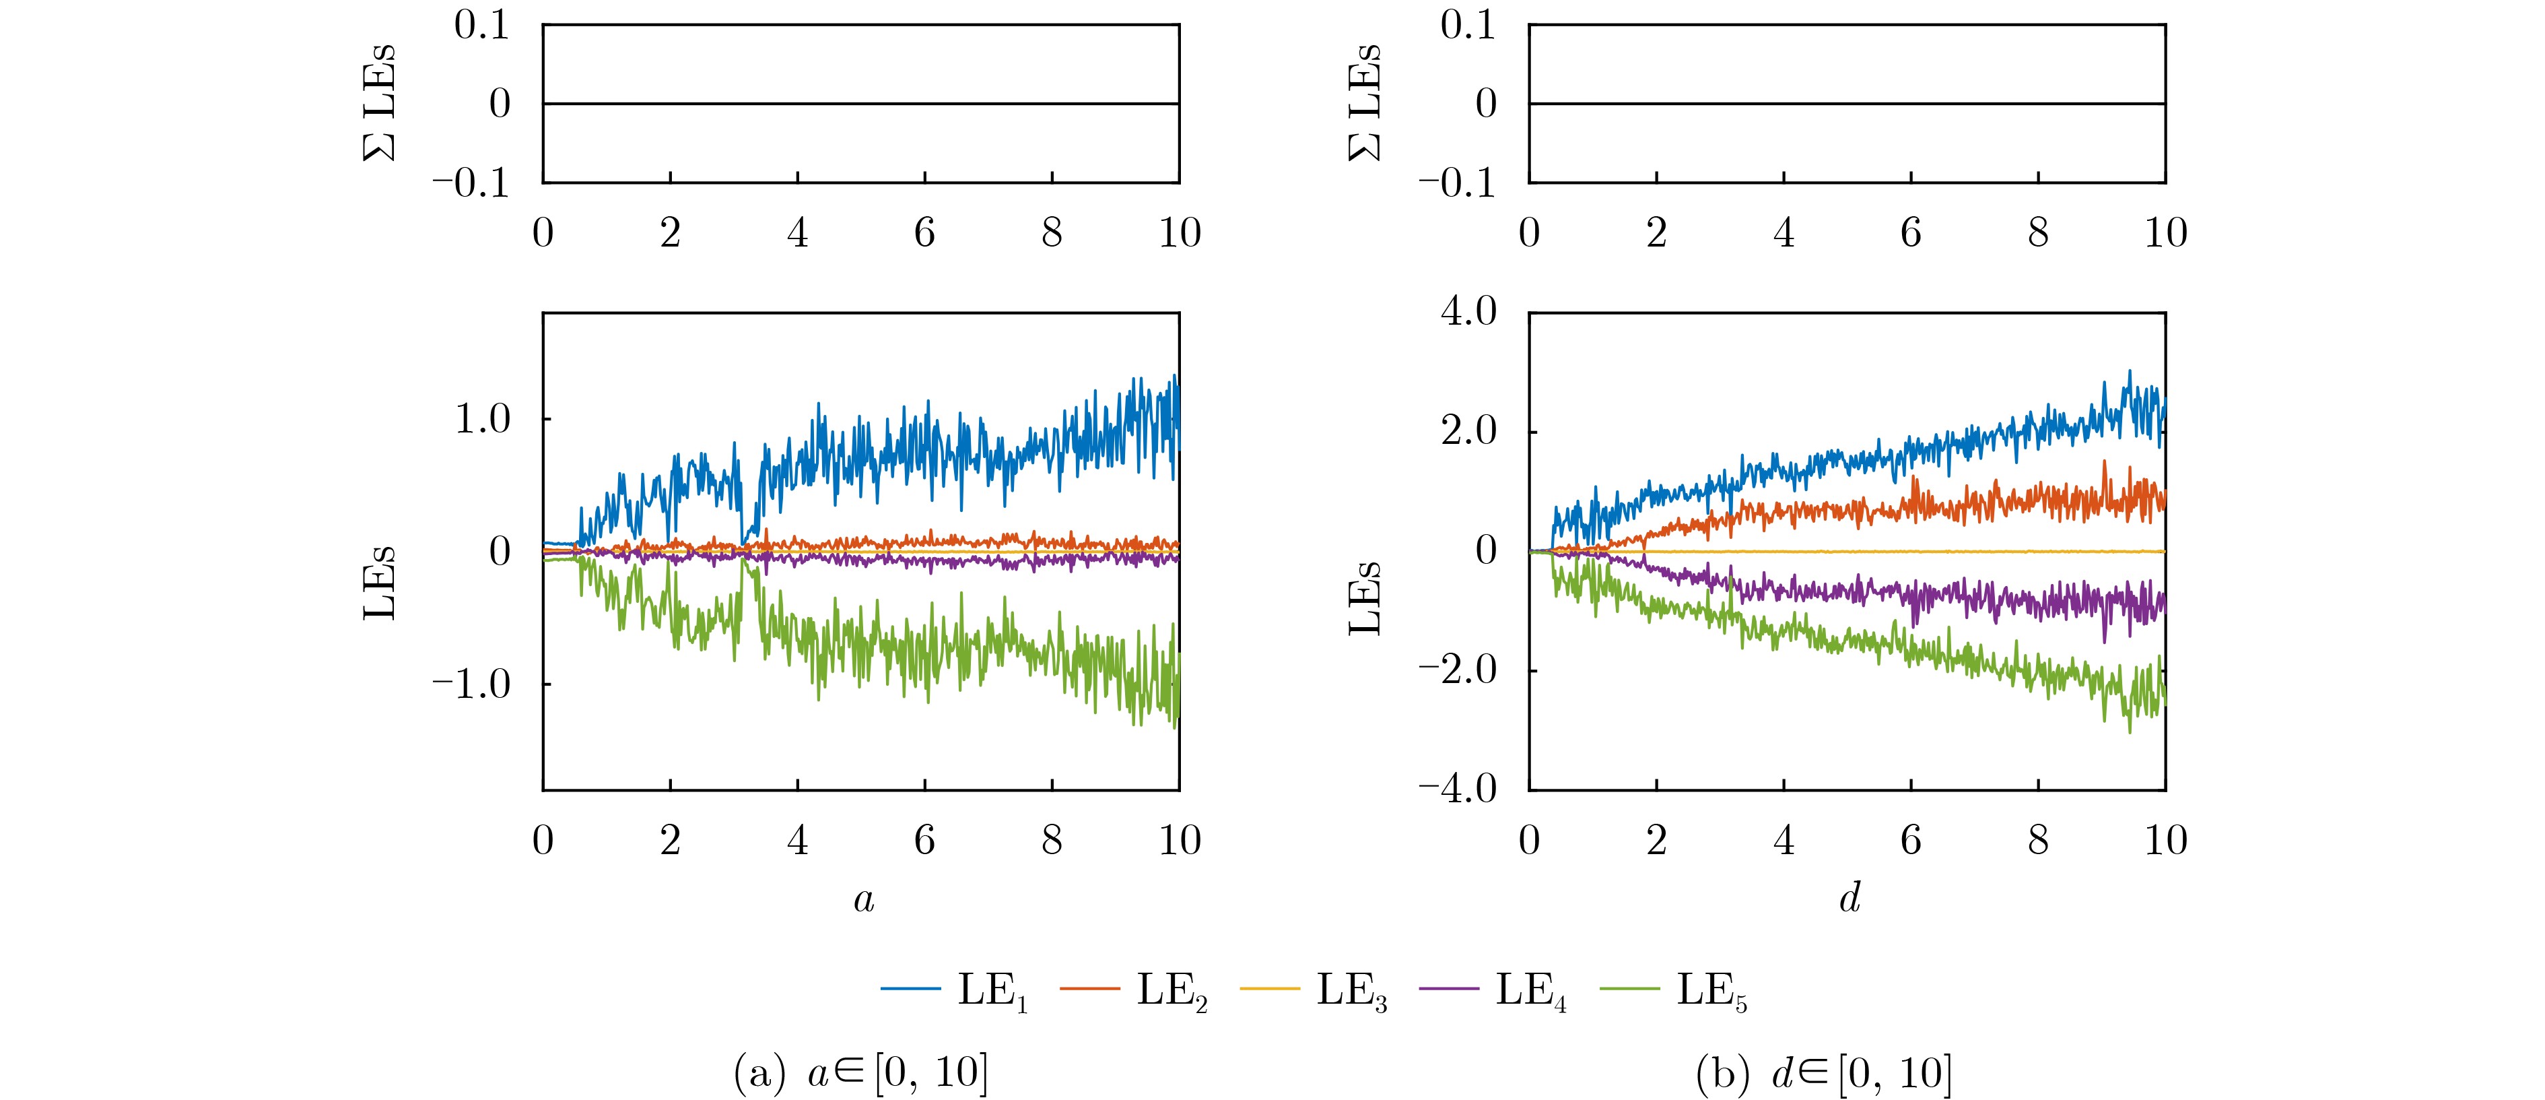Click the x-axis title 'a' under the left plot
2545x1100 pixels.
point(863,899)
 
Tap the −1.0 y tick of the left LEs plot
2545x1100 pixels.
point(471,684)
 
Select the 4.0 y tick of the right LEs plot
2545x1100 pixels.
point(1469,313)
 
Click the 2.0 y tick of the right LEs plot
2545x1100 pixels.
point(1469,432)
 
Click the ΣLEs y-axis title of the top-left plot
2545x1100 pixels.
point(379,103)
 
